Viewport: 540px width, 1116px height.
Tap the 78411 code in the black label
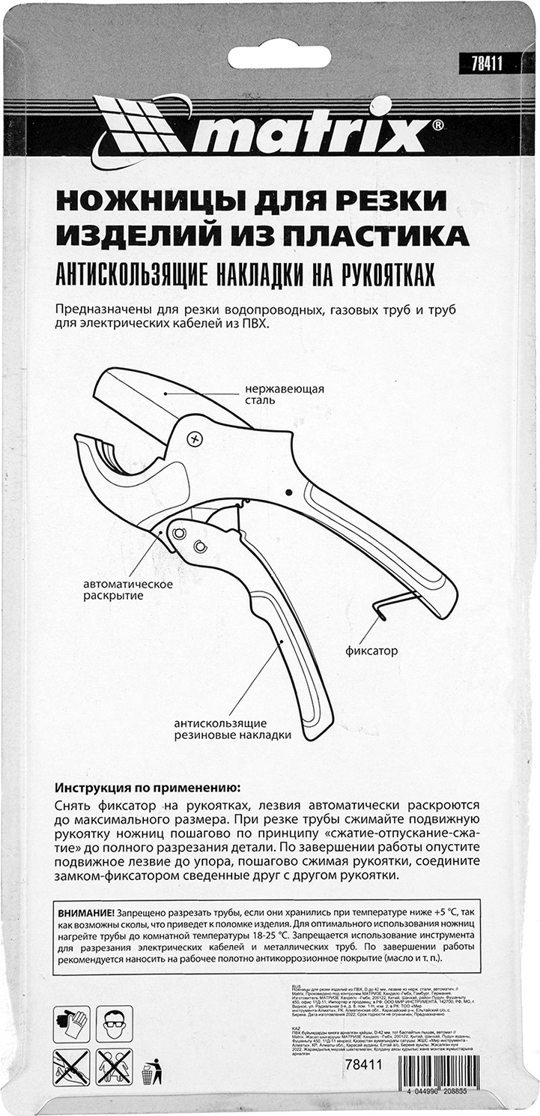(480, 66)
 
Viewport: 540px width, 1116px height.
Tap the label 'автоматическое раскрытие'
(128, 590)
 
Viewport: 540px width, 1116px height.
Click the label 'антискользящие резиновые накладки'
(232, 729)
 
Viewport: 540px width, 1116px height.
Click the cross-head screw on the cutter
(197, 438)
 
